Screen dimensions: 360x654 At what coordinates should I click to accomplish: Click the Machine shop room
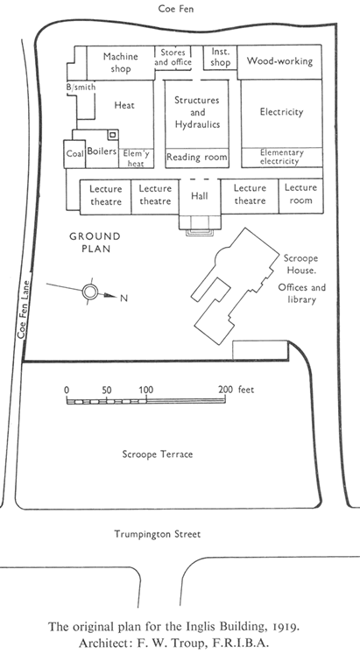coord(121,62)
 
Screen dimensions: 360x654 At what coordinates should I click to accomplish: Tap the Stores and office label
coord(173,58)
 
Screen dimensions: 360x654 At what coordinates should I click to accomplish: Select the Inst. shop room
coord(220,57)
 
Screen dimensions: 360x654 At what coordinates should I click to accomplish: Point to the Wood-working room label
coord(279,61)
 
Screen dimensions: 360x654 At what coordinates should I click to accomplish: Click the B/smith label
coord(81,88)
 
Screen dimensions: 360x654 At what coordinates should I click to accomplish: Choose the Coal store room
coord(74,154)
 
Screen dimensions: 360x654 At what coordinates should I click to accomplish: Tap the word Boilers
coord(102,151)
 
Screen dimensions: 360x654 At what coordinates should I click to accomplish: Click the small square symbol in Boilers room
coord(113,135)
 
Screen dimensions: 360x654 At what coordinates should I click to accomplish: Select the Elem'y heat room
coord(136,158)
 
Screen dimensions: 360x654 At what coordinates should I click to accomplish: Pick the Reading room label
coord(197,158)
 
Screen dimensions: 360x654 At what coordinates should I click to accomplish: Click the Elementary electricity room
coord(281,158)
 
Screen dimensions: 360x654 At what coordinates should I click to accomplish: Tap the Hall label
coord(200,195)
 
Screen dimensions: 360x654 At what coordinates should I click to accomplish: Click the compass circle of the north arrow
coord(90,292)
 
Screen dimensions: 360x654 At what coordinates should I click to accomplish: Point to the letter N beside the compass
coord(124,298)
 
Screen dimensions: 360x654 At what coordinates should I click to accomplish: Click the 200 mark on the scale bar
coord(226,390)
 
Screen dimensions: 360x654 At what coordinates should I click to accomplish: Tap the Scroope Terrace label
coord(158,454)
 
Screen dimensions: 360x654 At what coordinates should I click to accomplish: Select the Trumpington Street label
coord(158,534)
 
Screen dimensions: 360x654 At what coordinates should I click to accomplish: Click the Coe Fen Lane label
coord(24,309)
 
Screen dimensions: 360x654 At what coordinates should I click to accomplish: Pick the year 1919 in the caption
coord(286,627)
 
